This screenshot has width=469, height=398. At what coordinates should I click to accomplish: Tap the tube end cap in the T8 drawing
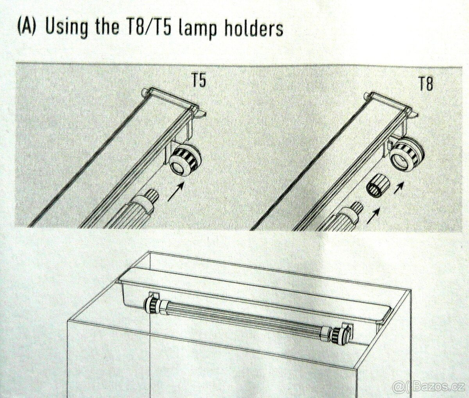coord(351,209)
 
